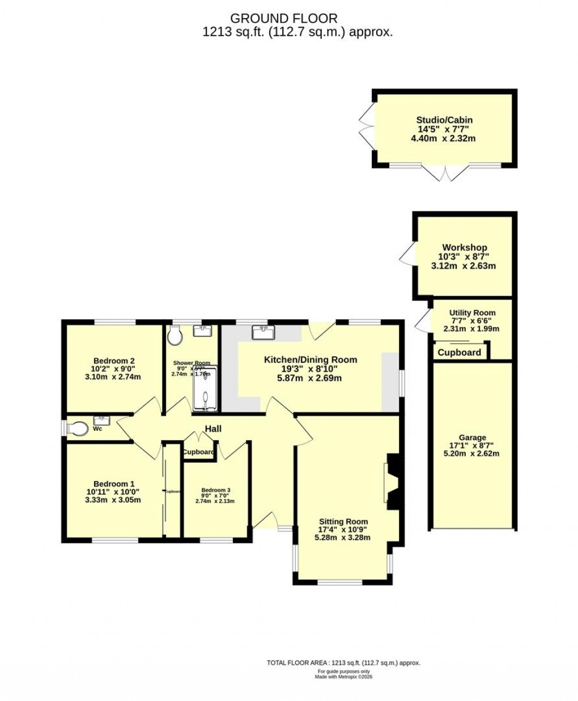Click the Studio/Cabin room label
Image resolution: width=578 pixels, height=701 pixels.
tap(444, 120)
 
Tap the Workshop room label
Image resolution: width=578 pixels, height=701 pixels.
tap(465, 247)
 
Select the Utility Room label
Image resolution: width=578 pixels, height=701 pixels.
tap(472, 313)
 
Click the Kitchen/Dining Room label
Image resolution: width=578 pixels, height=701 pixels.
tap(311, 360)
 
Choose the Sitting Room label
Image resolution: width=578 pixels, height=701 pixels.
tap(343, 521)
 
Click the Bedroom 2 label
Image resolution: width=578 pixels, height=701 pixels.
tap(114, 361)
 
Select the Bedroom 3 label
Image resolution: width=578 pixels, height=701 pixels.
tap(216, 490)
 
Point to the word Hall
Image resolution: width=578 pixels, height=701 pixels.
tap(213, 429)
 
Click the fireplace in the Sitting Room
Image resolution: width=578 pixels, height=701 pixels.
tap(393, 480)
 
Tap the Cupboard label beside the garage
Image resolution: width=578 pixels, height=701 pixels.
tap(460, 352)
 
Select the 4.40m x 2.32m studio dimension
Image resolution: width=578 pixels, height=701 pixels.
tap(444, 138)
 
